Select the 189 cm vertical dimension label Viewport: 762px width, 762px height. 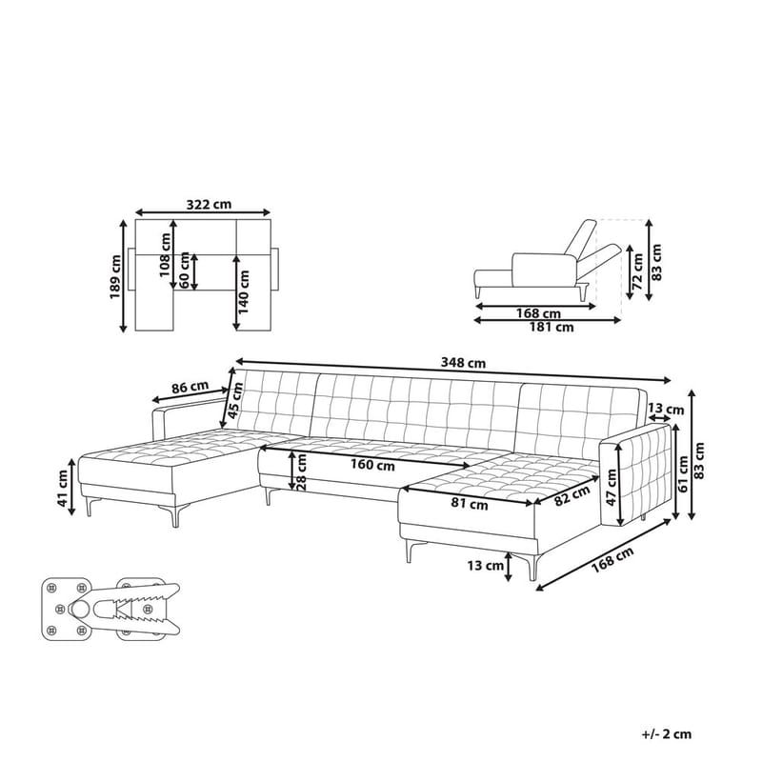[114, 276]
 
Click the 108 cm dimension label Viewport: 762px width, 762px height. [164, 250]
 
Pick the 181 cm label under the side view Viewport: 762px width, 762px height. [551, 327]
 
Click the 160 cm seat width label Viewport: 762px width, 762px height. [371, 466]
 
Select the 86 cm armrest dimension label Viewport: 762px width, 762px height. [190, 387]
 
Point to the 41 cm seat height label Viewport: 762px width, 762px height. [63, 488]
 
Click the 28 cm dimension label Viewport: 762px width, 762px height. [301, 470]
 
